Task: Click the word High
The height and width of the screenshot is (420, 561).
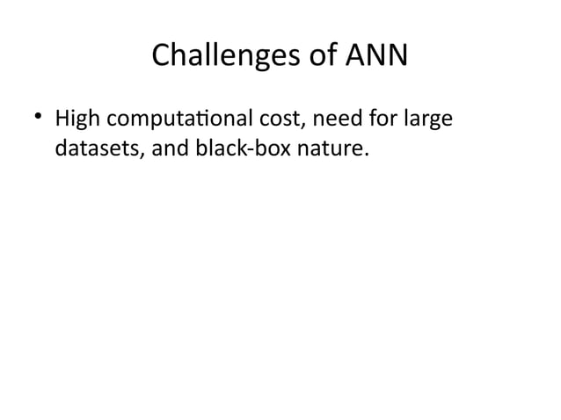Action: click(76, 117)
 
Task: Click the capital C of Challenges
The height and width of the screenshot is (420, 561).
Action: click(161, 58)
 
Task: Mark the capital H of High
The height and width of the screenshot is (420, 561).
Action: click(62, 117)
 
